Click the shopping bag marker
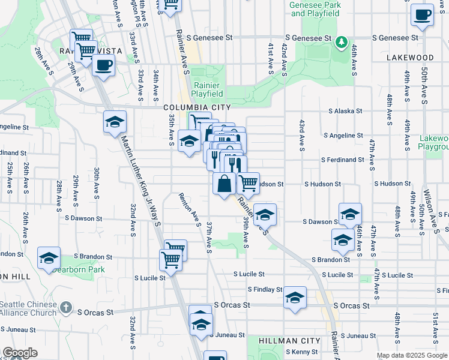tap(224, 184)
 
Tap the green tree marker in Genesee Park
tap(342, 41)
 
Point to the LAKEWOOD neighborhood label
tap(410, 58)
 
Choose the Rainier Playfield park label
tap(207, 89)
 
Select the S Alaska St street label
tap(345, 111)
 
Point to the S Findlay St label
tap(265, 289)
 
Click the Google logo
tap(20, 353)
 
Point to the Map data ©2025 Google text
tap(412, 355)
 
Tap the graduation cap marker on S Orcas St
tap(295, 299)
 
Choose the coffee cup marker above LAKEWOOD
tap(422, 14)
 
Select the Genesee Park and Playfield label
tap(315, 8)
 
